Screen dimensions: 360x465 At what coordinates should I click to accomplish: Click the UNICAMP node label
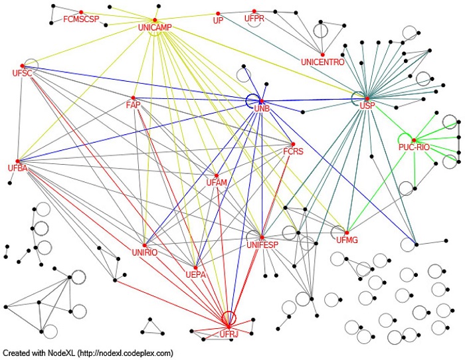pos(155,27)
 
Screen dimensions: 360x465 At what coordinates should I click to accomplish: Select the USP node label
pos(367,106)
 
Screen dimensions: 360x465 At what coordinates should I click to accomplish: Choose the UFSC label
pos(22,72)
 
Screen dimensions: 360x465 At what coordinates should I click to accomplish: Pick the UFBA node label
pos(17,167)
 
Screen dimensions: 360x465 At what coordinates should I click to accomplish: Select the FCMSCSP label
pos(80,19)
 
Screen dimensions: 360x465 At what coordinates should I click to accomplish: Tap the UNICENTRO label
pos(322,62)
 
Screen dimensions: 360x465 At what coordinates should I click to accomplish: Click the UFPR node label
pos(254,19)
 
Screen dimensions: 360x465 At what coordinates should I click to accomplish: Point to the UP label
pos(217,21)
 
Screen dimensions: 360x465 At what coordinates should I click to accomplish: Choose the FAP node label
pos(132,106)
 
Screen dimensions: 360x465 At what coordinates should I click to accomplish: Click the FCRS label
pos(293,151)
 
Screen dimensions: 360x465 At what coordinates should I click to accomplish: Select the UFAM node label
pos(217,182)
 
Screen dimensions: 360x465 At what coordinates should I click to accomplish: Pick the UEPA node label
pos(195,274)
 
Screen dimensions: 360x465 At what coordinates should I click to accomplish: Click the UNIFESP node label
pos(262,245)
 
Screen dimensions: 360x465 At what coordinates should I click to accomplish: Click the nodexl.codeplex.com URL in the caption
pos(126,353)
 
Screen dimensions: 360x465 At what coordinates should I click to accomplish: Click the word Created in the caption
pos(16,353)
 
